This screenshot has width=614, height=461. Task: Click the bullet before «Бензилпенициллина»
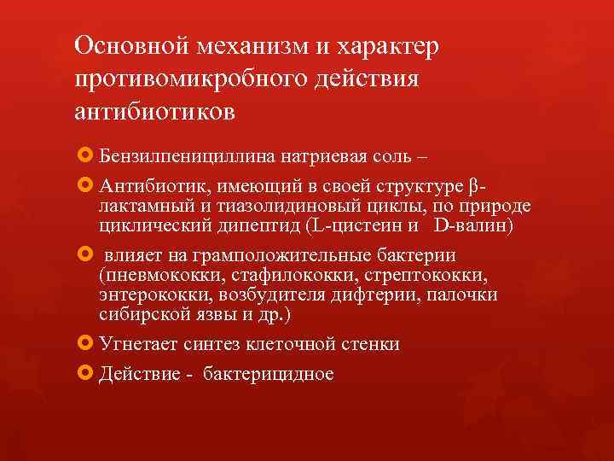pyautogui.click(x=83, y=156)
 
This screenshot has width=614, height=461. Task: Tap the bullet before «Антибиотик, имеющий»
pyautogui.click(x=83, y=185)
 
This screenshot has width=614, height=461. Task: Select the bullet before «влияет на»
pyautogui.click(x=83, y=255)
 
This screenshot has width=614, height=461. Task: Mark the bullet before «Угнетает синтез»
pyautogui.click(x=83, y=343)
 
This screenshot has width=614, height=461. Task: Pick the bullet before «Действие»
pyautogui.click(x=83, y=373)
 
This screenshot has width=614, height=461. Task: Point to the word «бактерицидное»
pyautogui.click(x=268, y=374)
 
